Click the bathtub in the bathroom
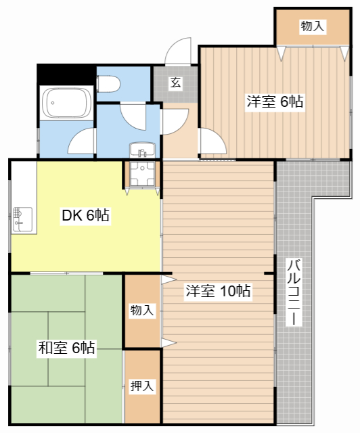(x=66, y=103)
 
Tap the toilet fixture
(x=108, y=84)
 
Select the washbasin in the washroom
(x=142, y=150)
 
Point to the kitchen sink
(x=22, y=219)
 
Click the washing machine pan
(x=142, y=174)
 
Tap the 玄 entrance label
(x=176, y=83)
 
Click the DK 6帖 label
(x=86, y=215)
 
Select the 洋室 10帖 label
(x=219, y=291)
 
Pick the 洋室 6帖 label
(x=275, y=101)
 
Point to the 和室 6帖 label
(x=66, y=348)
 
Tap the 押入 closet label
(x=142, y=386)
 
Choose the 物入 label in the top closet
(x=313, y=26)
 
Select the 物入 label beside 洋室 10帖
(x=142, y=310)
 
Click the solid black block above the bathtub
(x=66, y=74)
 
